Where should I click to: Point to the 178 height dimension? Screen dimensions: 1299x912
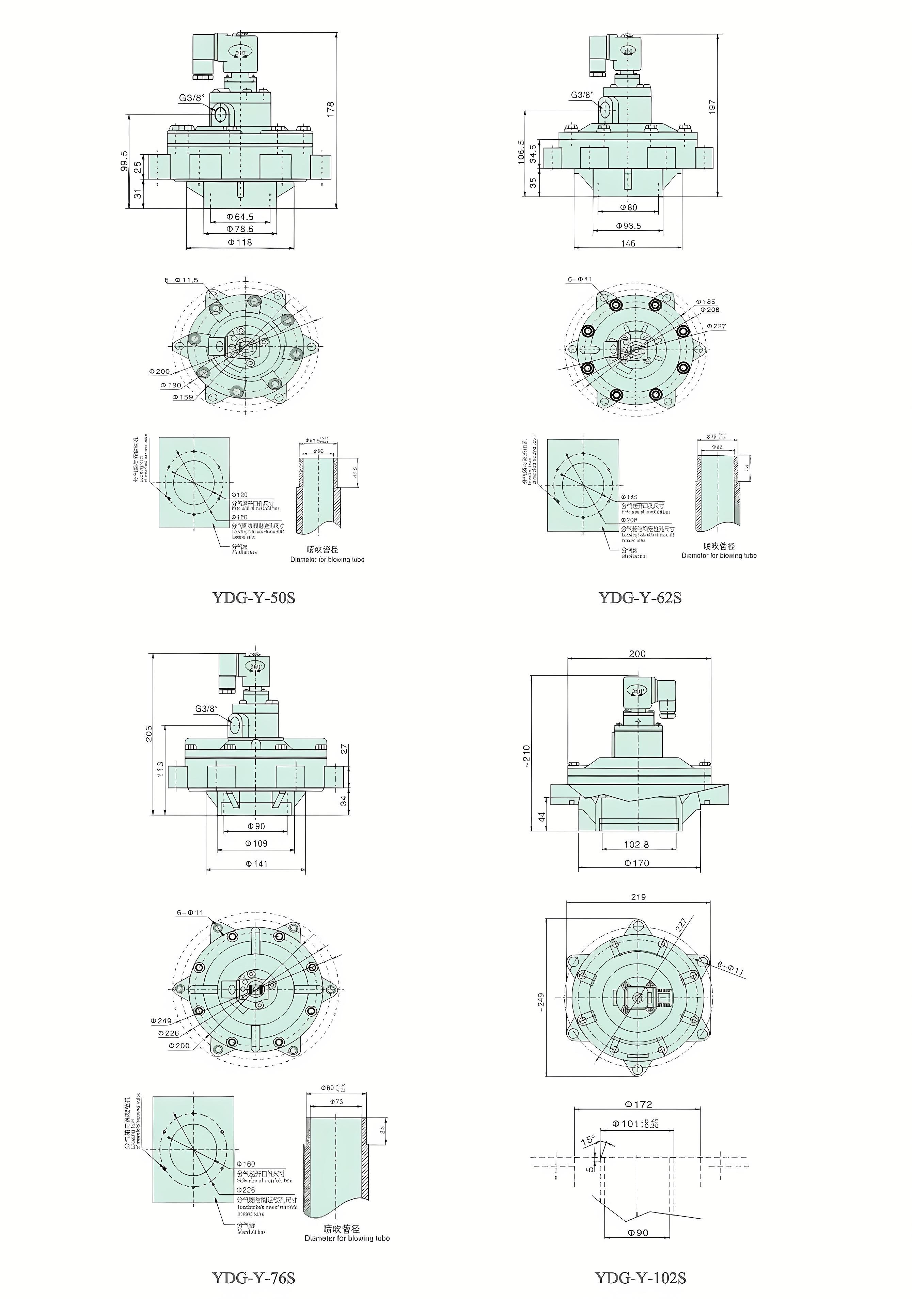click(x=331, y=109)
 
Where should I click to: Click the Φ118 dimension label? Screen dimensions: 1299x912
click(x=240, y=242)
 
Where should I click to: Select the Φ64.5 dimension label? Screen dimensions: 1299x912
click(x=240, y=217)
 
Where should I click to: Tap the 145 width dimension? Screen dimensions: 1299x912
click(x=628, y=243)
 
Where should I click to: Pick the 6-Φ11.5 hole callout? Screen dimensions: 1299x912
click(x=181, y=280)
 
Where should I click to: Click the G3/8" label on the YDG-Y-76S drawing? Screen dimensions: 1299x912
click(x=206, y=708)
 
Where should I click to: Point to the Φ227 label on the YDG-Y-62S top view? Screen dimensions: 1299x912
click(x=716, y=326)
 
